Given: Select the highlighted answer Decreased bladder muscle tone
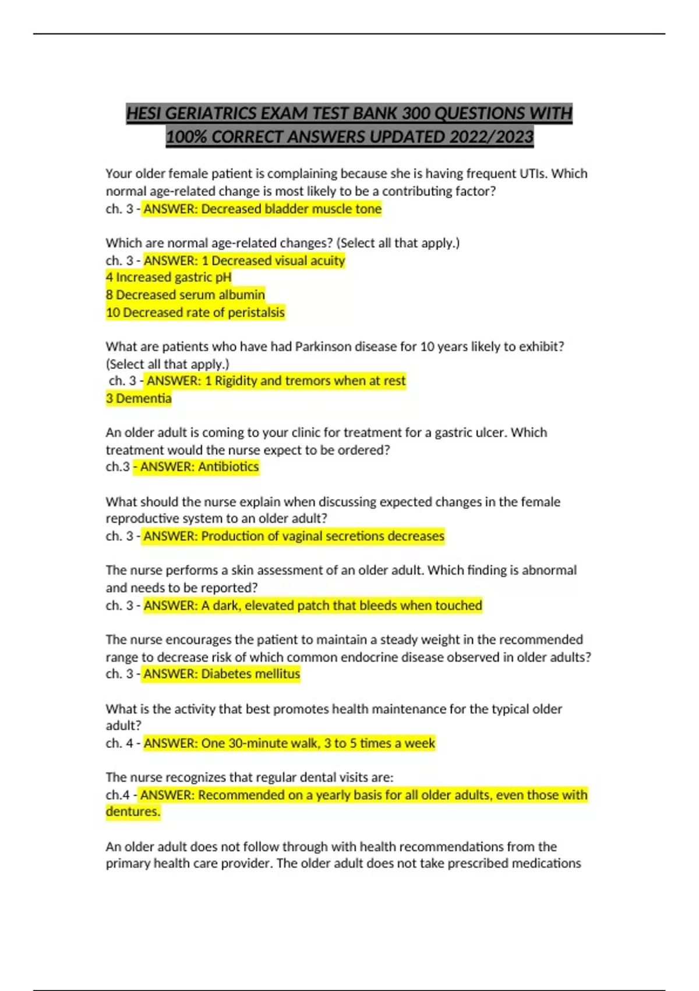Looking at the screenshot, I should [291, 209].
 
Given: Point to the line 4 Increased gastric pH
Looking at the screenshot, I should [168, 277].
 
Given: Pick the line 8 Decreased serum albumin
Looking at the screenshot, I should [185, 295].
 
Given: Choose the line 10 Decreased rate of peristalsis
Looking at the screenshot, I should [195, 312].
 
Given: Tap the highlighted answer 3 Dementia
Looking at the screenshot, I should [139, 399].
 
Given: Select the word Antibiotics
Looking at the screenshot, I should [228, 467].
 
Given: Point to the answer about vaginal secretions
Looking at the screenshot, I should [322, 536].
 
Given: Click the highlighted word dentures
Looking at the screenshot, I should [133, 811].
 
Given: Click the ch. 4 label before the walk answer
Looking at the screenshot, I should [119, 743].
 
